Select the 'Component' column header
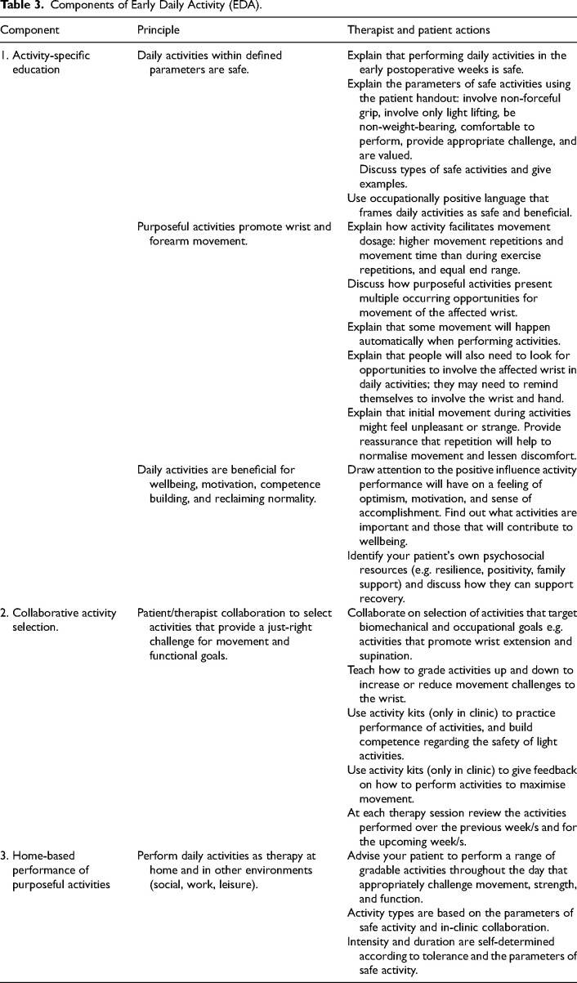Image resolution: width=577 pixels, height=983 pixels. click(x=29, y=29)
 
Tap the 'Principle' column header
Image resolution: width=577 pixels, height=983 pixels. click(x=159, y=29)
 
